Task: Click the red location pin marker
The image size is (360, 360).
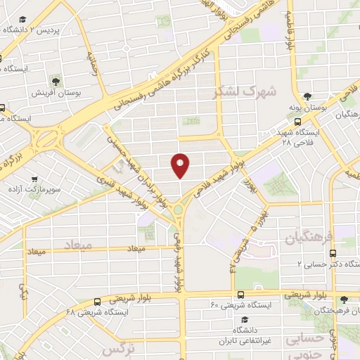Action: tap(180, 165)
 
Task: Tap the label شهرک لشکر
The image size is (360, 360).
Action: tap(247, 91)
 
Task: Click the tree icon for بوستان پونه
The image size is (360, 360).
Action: tap(307, 96)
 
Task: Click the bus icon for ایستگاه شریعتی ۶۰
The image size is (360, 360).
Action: tap(240, 295)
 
